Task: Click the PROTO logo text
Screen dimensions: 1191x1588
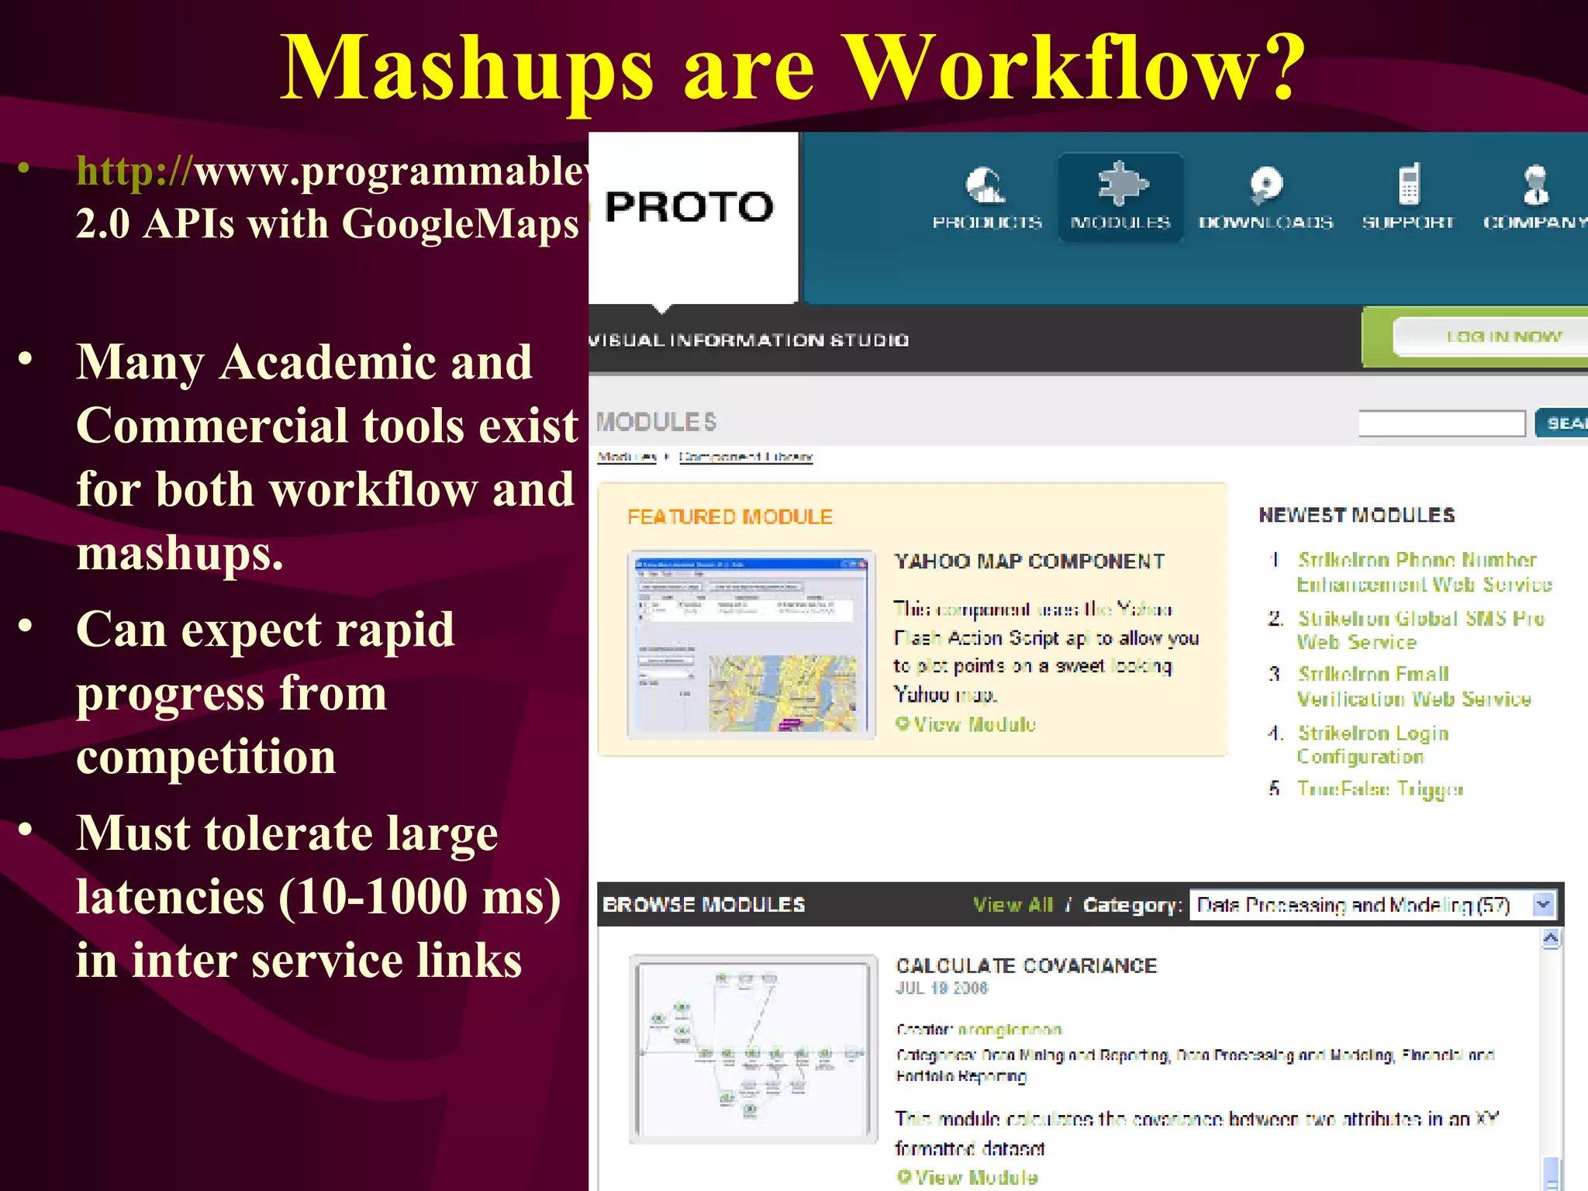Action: pos(689,207)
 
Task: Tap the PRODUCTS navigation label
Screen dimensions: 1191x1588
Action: pos(986,223)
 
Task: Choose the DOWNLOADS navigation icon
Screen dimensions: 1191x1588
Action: pos(1265,185)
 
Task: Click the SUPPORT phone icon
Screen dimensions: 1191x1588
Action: pos(1408,185)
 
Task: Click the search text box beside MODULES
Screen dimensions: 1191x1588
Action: pos(1441,423)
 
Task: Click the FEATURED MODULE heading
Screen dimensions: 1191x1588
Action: pos(730,517)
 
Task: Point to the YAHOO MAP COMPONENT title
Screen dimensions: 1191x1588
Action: pos(1029,561)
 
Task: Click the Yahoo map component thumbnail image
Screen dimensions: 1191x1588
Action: pos(751,644)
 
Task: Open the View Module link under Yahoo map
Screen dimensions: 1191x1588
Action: pos(973,724)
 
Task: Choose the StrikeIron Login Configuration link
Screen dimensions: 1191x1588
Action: pos(1372,744)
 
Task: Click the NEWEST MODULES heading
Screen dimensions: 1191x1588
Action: pos(1356,515)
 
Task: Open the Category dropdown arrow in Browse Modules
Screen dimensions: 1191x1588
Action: pos(1543,904)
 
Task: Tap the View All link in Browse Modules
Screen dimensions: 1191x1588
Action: pos(1013,905)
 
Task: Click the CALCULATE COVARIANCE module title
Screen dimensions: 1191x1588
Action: pos(1026,965)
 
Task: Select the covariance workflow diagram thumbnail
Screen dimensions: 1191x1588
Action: pos(752,1048)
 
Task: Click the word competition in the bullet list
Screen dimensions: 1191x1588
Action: pos(206,757)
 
